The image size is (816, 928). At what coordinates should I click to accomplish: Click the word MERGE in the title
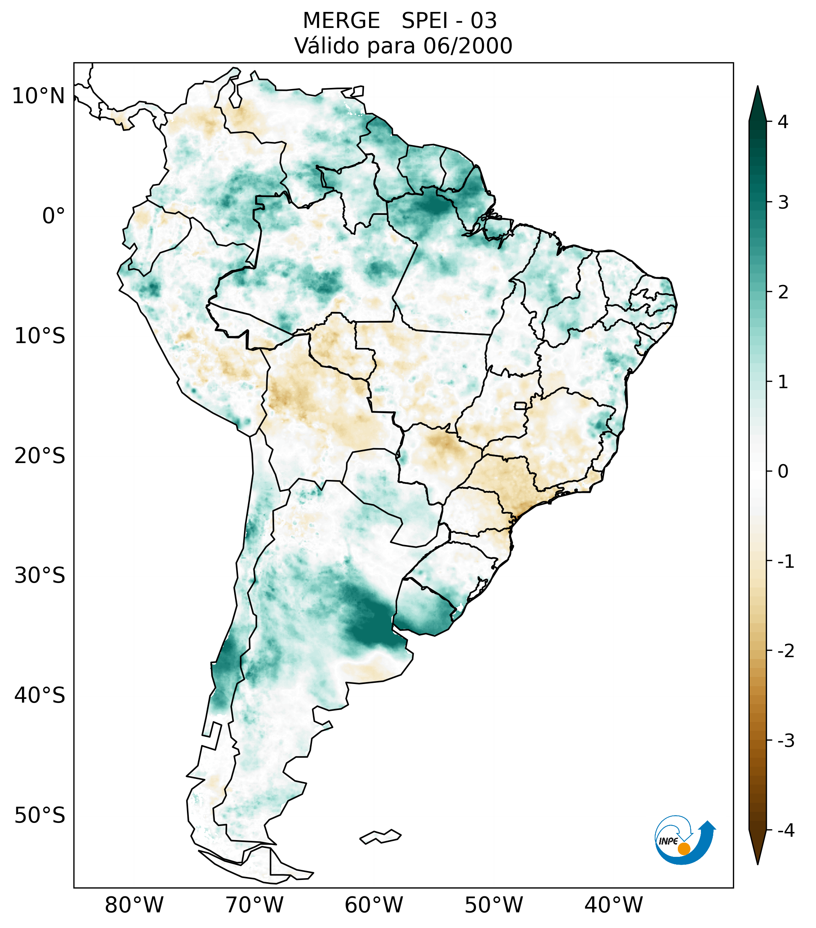point(341,21)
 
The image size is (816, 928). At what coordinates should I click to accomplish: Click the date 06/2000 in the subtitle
point(468,46)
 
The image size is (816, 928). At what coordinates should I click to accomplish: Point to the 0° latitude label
point(54,216)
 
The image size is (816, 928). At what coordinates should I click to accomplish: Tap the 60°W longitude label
point(374,905)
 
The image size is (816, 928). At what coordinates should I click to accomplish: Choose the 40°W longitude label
point(614,905)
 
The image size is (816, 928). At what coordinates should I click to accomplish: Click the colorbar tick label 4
point(783,122)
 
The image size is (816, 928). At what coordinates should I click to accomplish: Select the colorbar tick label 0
point(783,472)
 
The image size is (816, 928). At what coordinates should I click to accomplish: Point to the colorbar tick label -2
point(785,651)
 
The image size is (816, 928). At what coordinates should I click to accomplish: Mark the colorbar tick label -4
point(785,831)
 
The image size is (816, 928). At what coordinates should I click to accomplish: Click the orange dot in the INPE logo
point(683,849)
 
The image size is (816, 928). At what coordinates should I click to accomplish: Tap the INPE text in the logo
point(668,841)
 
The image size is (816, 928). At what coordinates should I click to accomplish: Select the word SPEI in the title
point(424,21)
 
